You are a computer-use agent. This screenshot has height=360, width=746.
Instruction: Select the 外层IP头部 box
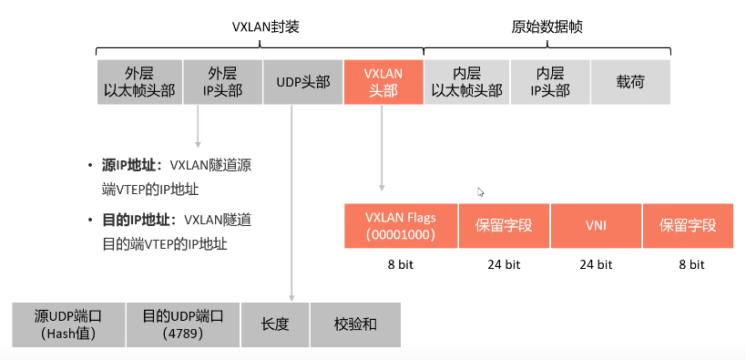pos(222,82)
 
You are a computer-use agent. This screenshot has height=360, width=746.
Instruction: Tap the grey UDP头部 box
pos(302,82)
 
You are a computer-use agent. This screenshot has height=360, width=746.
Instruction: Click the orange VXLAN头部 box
pos(383,82)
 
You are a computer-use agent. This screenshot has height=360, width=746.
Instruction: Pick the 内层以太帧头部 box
pos(465,82)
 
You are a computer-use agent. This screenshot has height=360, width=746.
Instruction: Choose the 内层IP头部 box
pos(550,82)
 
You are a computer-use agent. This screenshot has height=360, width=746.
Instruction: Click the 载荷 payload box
pos(630,82)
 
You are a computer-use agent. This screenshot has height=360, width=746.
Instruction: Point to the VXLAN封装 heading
pos(265,27)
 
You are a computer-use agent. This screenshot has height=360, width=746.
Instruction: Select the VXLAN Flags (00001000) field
pos(400,226)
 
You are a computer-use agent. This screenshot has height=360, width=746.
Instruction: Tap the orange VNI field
pos(595,226)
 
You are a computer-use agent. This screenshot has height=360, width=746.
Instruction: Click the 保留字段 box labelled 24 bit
pos(503,226)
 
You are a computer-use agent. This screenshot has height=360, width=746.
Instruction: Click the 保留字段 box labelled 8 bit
pos(688,226)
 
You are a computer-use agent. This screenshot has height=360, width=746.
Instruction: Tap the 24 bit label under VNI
pos(596,264)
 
